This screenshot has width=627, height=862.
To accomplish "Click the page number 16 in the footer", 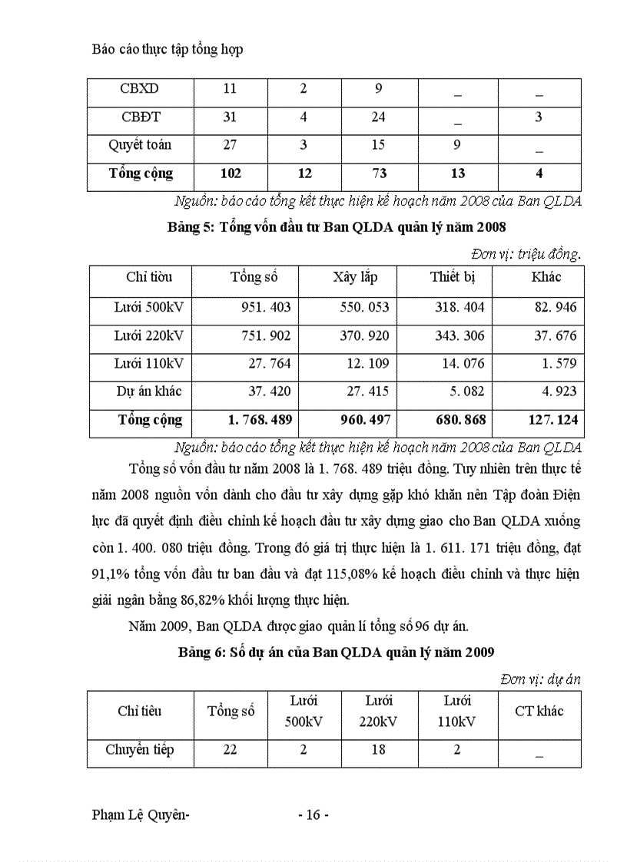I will (313, 815).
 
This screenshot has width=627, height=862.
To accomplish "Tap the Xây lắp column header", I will (355, 276).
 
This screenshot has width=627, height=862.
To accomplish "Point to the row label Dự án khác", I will (149, 391).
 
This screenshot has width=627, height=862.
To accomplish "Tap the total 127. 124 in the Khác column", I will (552, 420).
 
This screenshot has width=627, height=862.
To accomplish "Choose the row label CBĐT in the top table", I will (141, 117).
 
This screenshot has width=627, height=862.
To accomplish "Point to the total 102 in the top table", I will (231, 173).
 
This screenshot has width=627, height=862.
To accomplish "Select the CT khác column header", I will (539, 711).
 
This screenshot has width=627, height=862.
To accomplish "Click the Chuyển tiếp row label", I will (140, 750).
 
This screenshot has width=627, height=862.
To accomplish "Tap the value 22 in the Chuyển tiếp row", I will (230, 750).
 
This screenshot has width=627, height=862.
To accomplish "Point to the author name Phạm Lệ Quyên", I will (140, 815).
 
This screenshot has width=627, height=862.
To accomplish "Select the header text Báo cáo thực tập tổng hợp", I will (167, 50).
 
